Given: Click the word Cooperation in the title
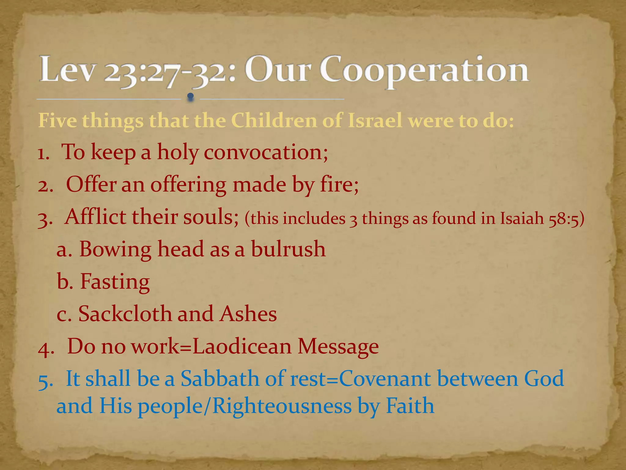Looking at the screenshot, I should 424,70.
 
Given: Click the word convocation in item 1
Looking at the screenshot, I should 265,152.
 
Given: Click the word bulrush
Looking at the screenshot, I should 288,249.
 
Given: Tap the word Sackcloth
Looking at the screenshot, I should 125,314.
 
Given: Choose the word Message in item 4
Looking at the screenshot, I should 338,347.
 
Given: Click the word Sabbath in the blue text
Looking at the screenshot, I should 219,379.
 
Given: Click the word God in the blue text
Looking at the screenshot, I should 544,379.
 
